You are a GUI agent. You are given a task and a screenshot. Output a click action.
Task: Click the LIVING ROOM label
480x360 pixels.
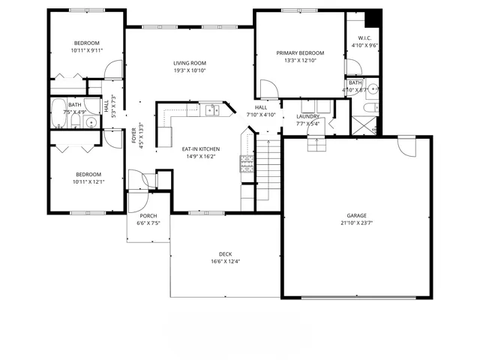click(x=190, y=63)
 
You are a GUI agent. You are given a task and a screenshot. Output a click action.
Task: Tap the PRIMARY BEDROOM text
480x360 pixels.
click(x=300, y=53)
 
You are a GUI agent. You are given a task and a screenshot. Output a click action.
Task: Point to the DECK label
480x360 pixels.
click(x=226, y=253)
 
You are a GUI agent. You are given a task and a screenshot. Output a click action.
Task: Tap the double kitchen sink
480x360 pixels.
click(x=213, y=111)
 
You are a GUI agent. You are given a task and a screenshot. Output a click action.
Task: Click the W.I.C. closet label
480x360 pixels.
click(x=364, y=38)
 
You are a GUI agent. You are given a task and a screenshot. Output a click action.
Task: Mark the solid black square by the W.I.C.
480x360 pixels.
click(x=373, y=18)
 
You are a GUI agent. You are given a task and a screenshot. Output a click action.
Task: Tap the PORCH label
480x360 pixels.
click(x=148, y=215)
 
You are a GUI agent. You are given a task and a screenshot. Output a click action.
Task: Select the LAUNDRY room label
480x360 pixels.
click(x=307, y=116)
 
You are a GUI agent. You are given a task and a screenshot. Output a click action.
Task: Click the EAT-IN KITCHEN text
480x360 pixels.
click(x=199, y=148)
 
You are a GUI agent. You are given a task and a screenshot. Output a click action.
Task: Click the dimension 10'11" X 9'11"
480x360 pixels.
click(x=87, y=51)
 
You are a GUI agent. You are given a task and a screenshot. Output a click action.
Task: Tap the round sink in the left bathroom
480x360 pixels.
click(x=91, y=122)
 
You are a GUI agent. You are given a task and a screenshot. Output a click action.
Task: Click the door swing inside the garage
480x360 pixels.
click(x=406, y=146)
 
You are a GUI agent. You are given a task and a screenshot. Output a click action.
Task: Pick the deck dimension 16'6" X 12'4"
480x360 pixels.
click(x=226, y=261)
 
